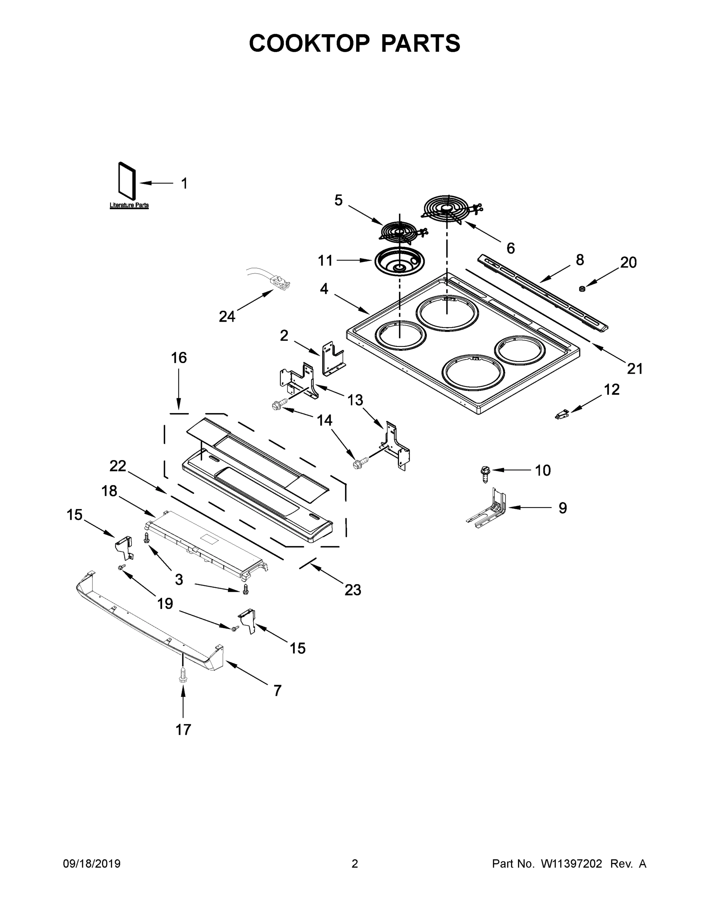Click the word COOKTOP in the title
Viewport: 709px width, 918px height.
(x=309, y=43)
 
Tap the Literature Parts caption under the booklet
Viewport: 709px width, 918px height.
(x=129, y=205)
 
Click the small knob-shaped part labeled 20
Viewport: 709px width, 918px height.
(x=582, y=288)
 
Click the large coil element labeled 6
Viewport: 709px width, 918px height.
(x=447, y=208)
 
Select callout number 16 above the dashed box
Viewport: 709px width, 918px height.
(x=178, y=358)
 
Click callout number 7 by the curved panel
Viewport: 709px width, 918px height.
(x=277, y=690)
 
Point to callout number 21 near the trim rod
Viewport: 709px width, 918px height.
(x=634, y=369)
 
